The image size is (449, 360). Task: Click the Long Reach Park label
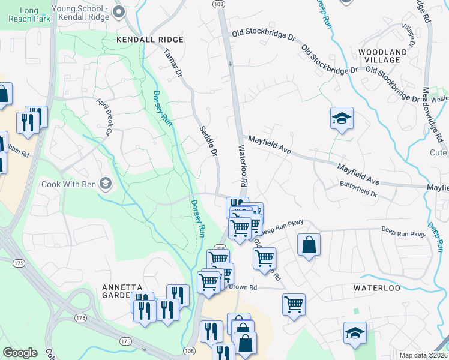28,14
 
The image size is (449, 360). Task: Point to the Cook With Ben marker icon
106,183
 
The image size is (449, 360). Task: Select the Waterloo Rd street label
243,164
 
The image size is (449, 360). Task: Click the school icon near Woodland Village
341,118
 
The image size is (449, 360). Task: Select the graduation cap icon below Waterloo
355,333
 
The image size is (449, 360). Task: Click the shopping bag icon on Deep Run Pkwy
309,245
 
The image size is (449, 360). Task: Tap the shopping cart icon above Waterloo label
294,305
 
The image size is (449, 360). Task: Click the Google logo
20,353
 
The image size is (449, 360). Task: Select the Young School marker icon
119,11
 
